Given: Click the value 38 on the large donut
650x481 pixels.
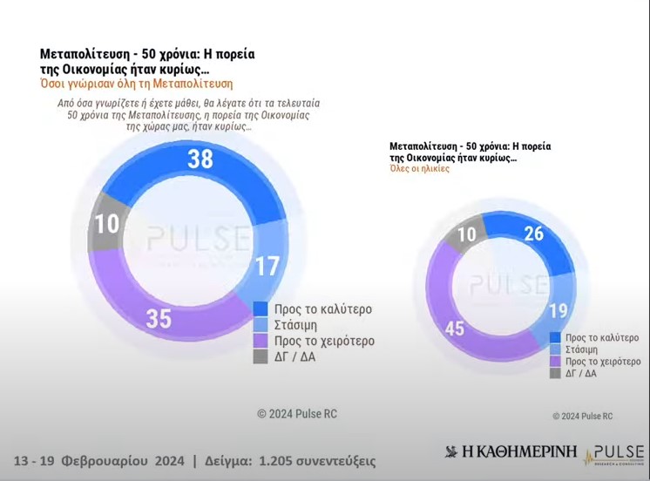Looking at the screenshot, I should (201, 159).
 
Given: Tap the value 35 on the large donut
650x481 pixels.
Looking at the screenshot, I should (158, 319).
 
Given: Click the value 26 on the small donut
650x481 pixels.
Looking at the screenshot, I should (533, 234).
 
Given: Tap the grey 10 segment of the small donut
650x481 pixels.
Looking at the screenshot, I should (467, 234).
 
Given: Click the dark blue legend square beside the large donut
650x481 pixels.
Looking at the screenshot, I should (260, 308).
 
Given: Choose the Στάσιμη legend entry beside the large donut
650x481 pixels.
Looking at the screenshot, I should (297, 325).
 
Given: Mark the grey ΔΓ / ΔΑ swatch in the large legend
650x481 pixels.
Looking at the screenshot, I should (260, 357).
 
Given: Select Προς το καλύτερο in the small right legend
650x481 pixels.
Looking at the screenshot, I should (602, 337).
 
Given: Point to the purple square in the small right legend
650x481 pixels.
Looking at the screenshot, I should (555, 361).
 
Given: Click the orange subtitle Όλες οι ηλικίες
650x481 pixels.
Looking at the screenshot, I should (419, 170).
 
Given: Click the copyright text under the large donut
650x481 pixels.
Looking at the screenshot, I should (296, 414).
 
